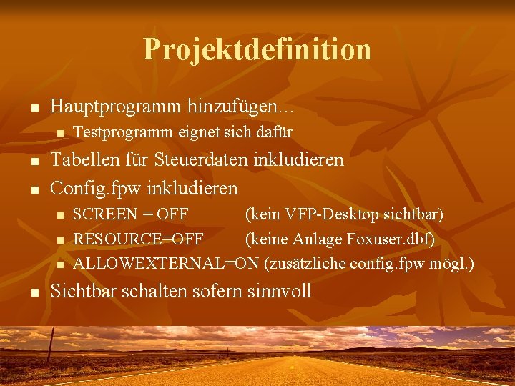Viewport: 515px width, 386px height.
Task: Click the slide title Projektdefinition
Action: pyautogui.click(x=257, y=49)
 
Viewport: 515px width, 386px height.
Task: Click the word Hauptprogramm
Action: pyautogui.click(x=116, y=107)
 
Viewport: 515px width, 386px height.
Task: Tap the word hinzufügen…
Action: pyautogui.click(x=241, y=107)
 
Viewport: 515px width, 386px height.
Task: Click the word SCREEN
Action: pyautogui.click(x=104, y=214)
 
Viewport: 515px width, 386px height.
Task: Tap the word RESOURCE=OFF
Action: pyautogui.click(x=139, y=239)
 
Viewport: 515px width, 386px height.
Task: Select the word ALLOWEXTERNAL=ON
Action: pyautogui.click(x=166, y=263)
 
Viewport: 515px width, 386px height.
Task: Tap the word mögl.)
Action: pyautogui.click(x=451, y=263)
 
